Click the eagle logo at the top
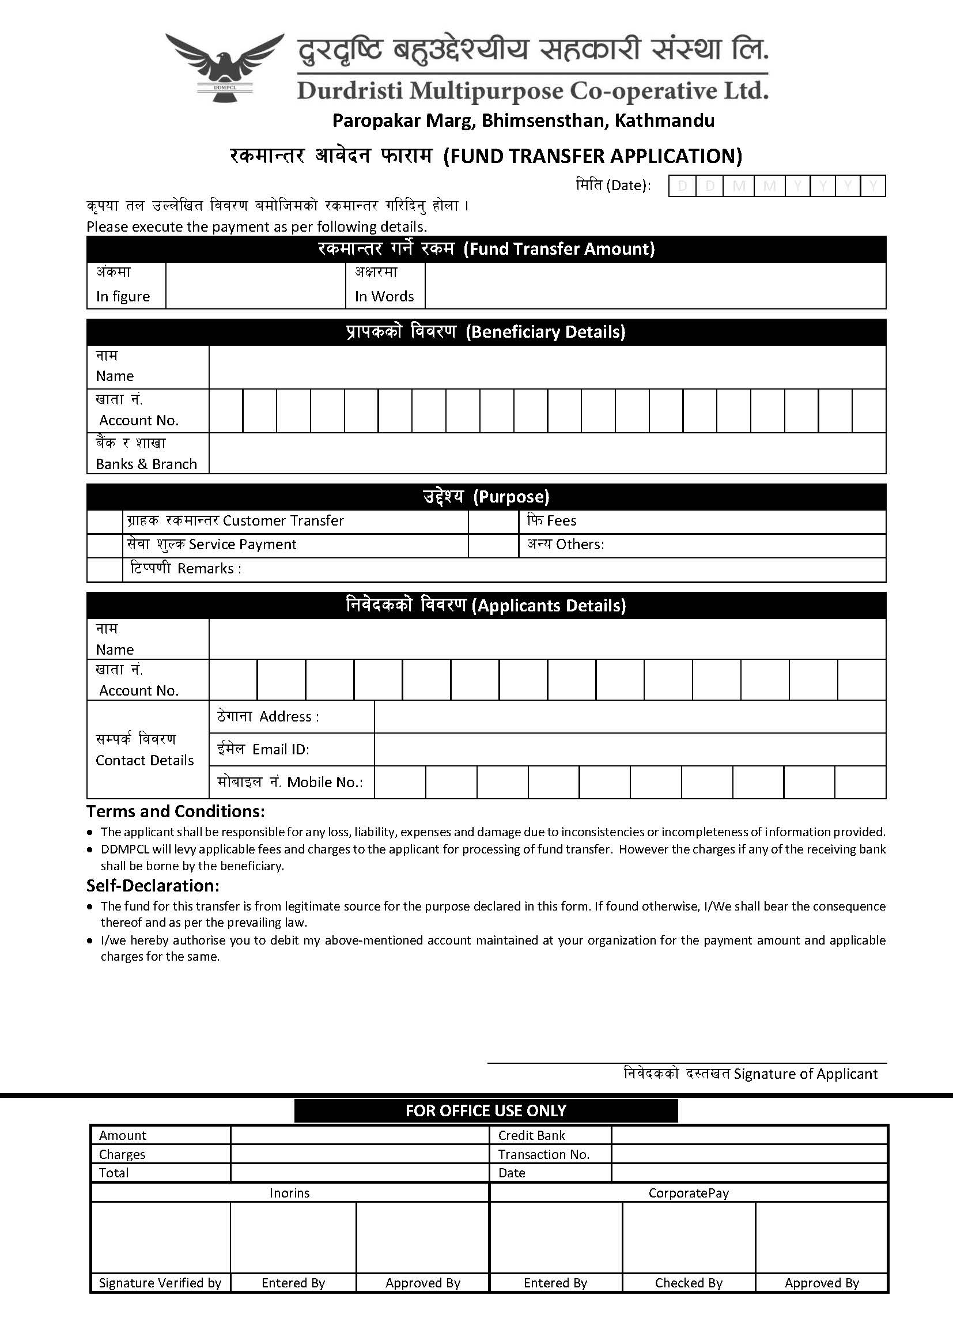(224, 66)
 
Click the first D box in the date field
(682, 186)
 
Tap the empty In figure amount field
(255, 285)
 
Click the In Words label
(384, 296)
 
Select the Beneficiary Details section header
(486, 332)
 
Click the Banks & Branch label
(146, 464)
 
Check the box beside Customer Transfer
(104, 522)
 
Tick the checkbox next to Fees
(493, 522)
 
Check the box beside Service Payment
(104, 546)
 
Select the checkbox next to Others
(493, 546)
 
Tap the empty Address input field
(629, 716)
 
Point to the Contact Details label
(145, 761)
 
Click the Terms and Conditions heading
(176, 811)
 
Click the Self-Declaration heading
(153, 886)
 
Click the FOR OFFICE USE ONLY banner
(486, 1111)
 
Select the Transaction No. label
(543, 1154)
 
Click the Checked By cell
(689, 1283)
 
